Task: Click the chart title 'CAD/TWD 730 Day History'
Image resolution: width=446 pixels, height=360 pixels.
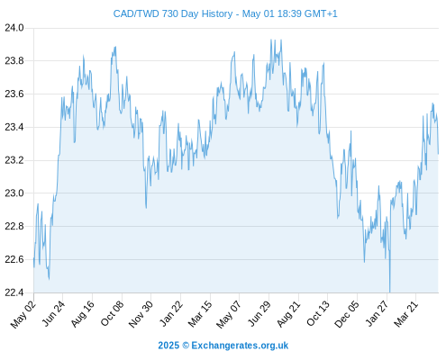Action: [173, 13]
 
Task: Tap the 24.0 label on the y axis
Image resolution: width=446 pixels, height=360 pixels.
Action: [14, 28]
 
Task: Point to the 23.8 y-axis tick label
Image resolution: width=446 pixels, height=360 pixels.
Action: [14, 61]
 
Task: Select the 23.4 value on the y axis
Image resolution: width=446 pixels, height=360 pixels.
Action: [14, 127]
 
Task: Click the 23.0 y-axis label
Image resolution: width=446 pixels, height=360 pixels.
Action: [14, 193]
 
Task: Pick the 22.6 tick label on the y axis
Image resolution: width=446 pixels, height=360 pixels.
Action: [14, 259]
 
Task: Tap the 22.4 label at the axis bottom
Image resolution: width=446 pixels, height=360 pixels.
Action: [14, 292]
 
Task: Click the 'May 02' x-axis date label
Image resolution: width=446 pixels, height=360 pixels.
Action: [23, 314]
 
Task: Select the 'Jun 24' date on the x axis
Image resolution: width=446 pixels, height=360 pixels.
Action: [53, 314]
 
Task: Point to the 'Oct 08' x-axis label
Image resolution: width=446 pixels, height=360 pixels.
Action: [112, 314]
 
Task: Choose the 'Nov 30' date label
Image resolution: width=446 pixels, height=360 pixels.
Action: [141, 314]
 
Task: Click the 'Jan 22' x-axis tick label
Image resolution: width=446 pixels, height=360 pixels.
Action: [171, 314]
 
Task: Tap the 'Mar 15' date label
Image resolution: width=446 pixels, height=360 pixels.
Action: [200, 314]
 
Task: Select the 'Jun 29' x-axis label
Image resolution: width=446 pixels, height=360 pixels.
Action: [259, 314]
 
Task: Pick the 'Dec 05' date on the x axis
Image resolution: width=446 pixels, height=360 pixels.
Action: [347, 314]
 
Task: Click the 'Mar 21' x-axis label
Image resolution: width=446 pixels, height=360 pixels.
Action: [406, 314]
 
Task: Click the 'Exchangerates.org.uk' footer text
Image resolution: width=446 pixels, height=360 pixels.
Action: [240, 346]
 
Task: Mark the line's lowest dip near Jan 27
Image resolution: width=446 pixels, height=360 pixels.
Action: [390, 292]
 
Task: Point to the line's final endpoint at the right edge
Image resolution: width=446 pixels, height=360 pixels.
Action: [438, 154]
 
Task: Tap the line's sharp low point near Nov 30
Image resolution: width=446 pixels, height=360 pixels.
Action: [146, 208]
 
